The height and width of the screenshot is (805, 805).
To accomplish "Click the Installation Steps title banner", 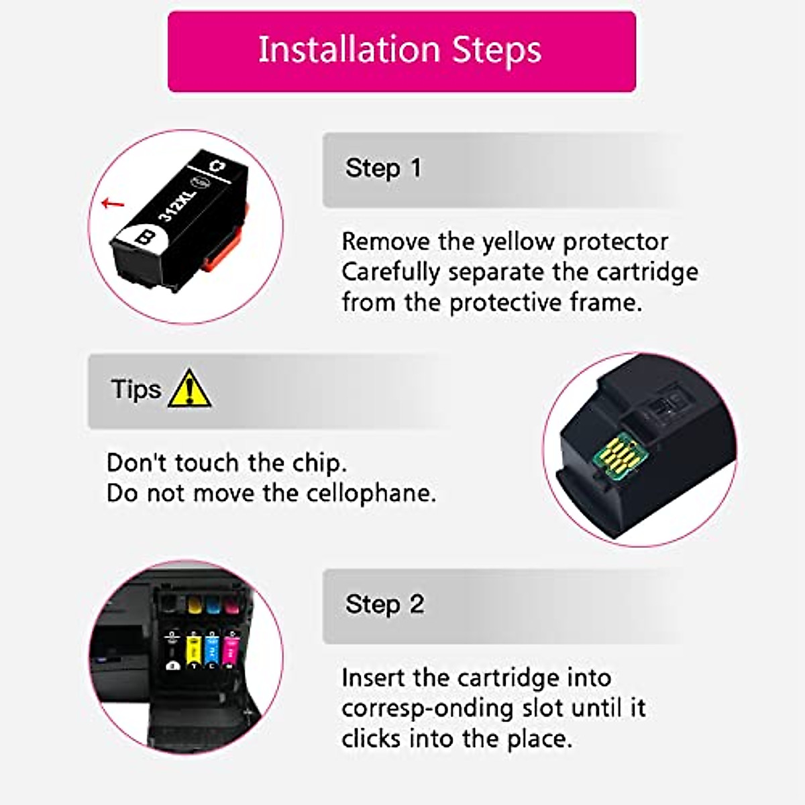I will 401,51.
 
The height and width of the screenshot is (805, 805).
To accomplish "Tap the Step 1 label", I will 383,168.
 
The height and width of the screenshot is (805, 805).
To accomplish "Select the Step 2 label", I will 384,604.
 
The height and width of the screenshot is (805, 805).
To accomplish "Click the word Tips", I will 136,389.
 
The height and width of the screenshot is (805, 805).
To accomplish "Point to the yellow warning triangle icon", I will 190,389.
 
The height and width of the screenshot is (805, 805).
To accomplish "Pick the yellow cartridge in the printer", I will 193,649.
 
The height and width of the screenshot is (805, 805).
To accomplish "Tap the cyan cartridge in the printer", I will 212,649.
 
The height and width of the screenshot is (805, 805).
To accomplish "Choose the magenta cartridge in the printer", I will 231,649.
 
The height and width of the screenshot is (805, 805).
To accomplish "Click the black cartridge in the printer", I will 174,649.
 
